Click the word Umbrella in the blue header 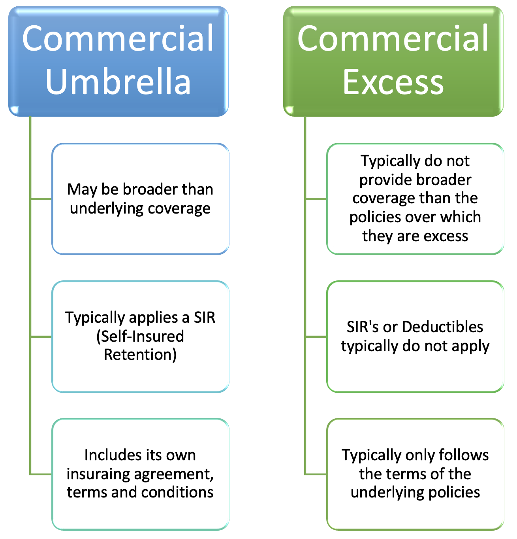click(118, 82)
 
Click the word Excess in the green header click(393, 82)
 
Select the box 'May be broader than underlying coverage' click(140, 199)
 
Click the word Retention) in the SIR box click(140, 355)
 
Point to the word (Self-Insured click(140, 336)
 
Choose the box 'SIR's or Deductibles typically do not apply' click(415, 337)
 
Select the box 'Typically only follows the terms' click(415, 474)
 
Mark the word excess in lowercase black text click(446, 236)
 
